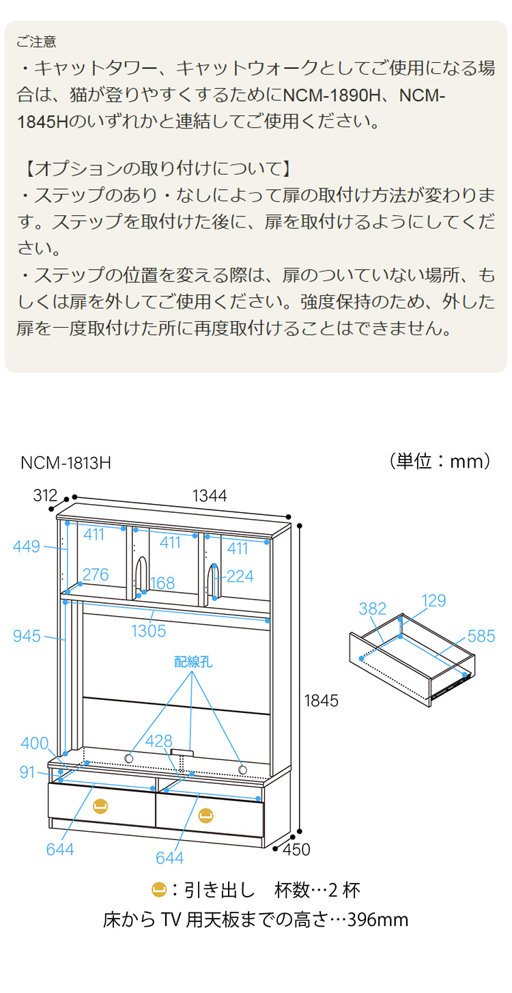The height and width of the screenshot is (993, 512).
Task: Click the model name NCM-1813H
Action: [66, 463]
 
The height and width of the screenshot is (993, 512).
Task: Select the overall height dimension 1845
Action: [322, 700]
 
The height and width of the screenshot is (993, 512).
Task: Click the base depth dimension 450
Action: [296, 849]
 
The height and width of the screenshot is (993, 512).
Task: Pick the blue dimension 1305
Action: [149, 630]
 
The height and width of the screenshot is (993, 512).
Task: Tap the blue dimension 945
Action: [27, 637]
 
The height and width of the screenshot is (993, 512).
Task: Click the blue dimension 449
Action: [27, 546]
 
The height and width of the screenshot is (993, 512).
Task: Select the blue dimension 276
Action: [95, 575]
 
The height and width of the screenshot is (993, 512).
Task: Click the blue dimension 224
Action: [240, 576]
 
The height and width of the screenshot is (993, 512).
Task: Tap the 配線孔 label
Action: [193, 661]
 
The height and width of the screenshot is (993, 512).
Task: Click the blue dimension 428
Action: [158, 742]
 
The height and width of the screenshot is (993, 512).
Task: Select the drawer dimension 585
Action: [481, 637]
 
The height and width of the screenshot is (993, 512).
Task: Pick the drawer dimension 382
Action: [373, 609]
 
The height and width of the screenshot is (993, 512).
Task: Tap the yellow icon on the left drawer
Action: [100, 806]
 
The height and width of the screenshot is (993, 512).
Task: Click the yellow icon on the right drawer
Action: [205, 815]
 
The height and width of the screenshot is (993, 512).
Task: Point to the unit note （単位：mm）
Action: [441, 461]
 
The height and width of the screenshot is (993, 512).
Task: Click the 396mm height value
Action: [378, 920]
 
